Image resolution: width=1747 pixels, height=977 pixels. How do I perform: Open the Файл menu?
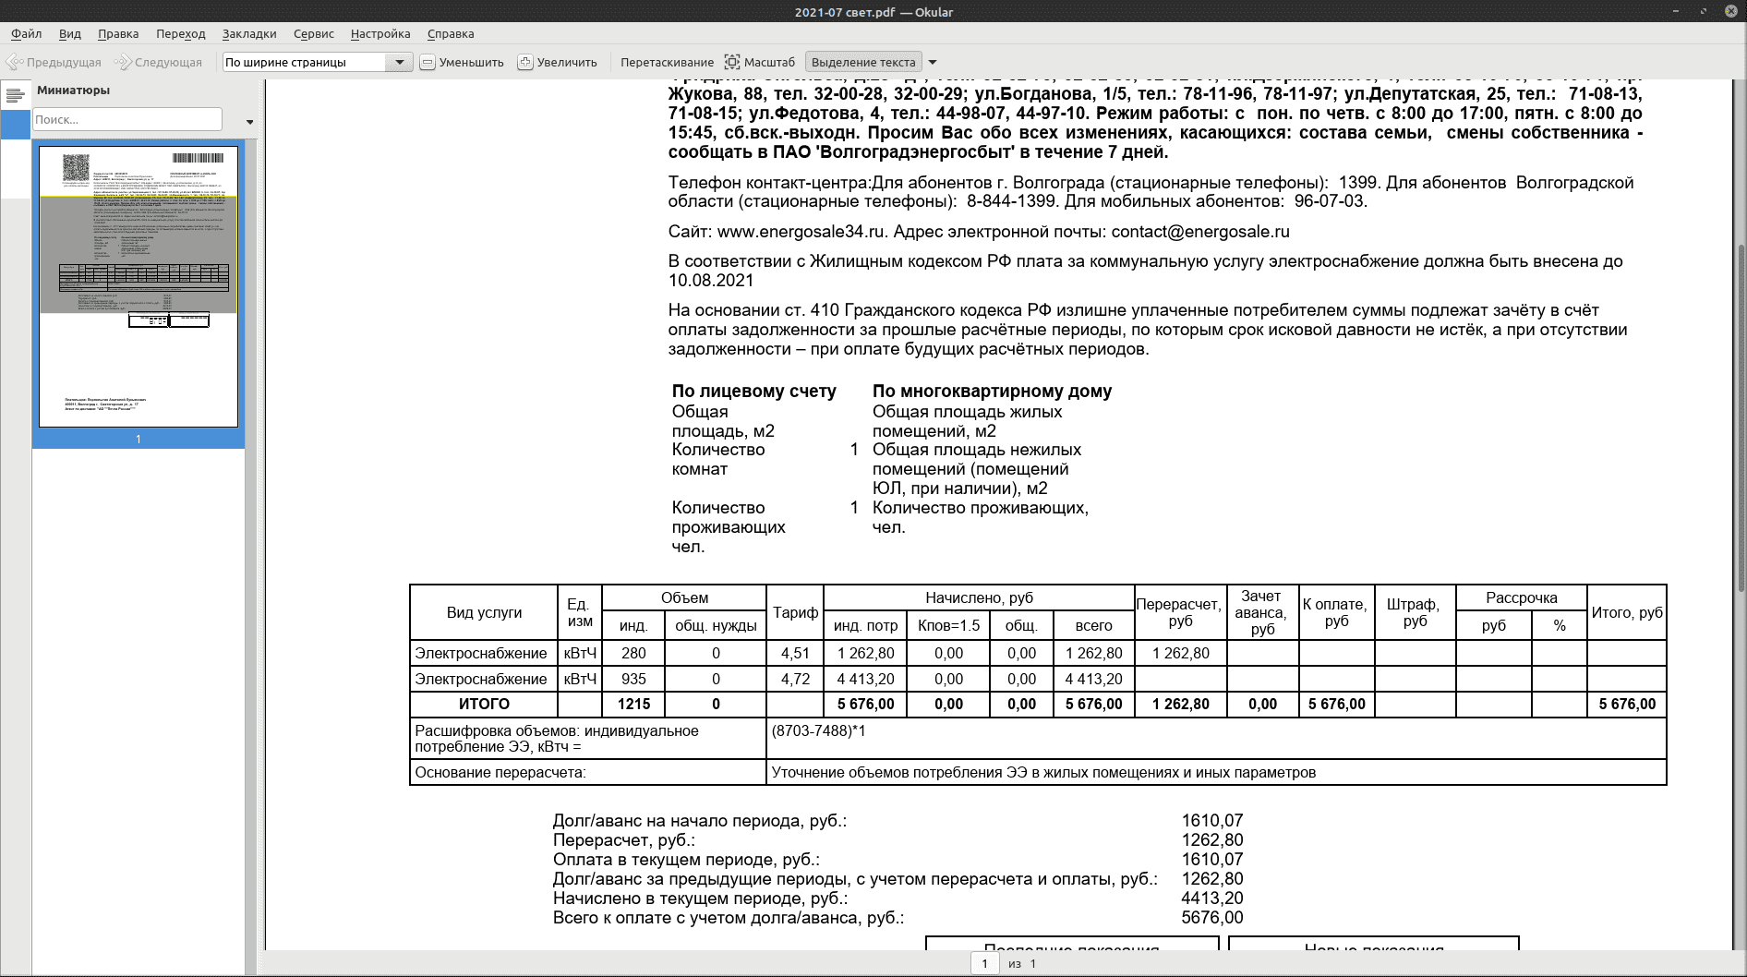[x=26, y=34]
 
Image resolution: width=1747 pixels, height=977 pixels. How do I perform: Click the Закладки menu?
[x=248, y=34]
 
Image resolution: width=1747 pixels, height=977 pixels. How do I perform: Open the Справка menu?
[x=450, y=34]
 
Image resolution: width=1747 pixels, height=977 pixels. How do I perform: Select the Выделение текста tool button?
[x=863, y=63]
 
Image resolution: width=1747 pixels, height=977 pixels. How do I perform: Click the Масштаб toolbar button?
[x=760, y=63]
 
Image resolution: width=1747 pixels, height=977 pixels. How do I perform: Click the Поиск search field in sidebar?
[x=127, y=120]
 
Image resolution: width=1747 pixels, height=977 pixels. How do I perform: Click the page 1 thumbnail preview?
[x=139, y=286]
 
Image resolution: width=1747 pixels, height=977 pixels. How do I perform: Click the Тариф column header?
[x=795, y=612]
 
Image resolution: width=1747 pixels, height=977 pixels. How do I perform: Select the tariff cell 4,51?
[x=795, y=654]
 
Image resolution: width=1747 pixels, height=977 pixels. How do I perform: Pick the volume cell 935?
[x=633, y=680]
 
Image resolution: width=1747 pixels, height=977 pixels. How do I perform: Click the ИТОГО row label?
[x=484, y=705]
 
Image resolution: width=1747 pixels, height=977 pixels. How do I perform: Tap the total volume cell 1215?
[x=633, y=705]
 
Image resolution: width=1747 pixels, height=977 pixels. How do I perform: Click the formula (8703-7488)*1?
[x=818, y=731]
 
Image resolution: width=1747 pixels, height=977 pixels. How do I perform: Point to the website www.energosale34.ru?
[x=801, y=232]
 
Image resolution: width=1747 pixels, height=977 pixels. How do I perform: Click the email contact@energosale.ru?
[x=1199, y=232]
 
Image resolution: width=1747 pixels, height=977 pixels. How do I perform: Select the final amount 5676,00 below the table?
[x=1211, y=918]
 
